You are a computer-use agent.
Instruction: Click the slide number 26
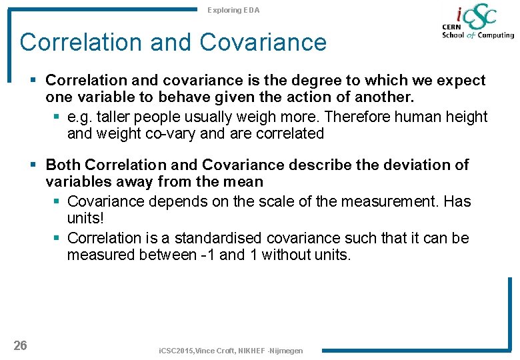[x=20, y=345]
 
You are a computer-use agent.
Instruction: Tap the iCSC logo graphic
[x=477, y=23]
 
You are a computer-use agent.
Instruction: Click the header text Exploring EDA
[x=233, y=10]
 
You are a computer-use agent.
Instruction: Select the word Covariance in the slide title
[x=263, y=43]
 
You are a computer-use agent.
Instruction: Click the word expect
[x=461, y=81]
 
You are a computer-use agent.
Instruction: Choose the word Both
[x=63, y=165]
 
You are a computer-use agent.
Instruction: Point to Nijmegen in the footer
[x=286, y=351]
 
